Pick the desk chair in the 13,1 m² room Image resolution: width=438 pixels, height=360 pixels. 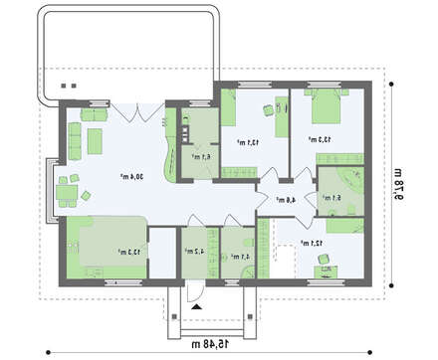point(266,111)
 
